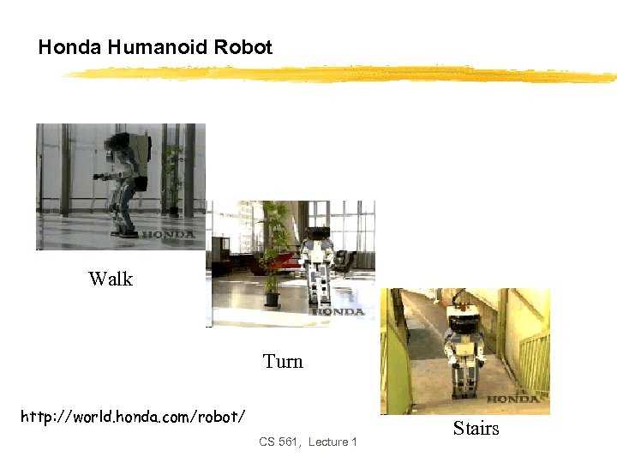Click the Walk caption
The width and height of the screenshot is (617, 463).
coord(111,279)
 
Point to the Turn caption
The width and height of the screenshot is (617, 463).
coord(283,362)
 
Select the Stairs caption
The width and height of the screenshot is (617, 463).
coord(476,429)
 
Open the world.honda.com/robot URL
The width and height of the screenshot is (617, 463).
coord(134,417)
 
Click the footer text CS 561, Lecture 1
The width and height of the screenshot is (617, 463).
coord(308,442)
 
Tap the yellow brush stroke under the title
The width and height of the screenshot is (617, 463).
coord(343,75)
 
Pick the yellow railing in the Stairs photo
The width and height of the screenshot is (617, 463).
coord(533,360)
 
